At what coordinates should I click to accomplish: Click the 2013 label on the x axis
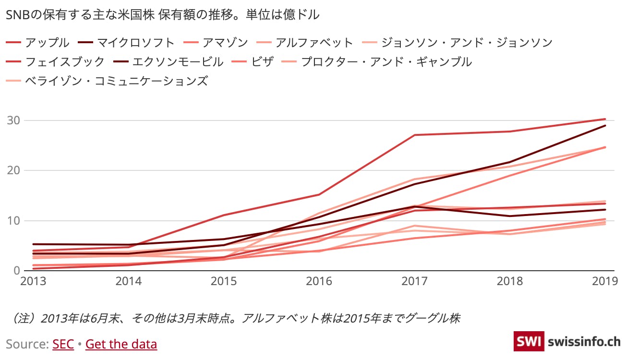tap(33, 281)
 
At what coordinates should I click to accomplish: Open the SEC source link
tap(63, 344)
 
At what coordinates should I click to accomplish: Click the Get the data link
tap(121, 344)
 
